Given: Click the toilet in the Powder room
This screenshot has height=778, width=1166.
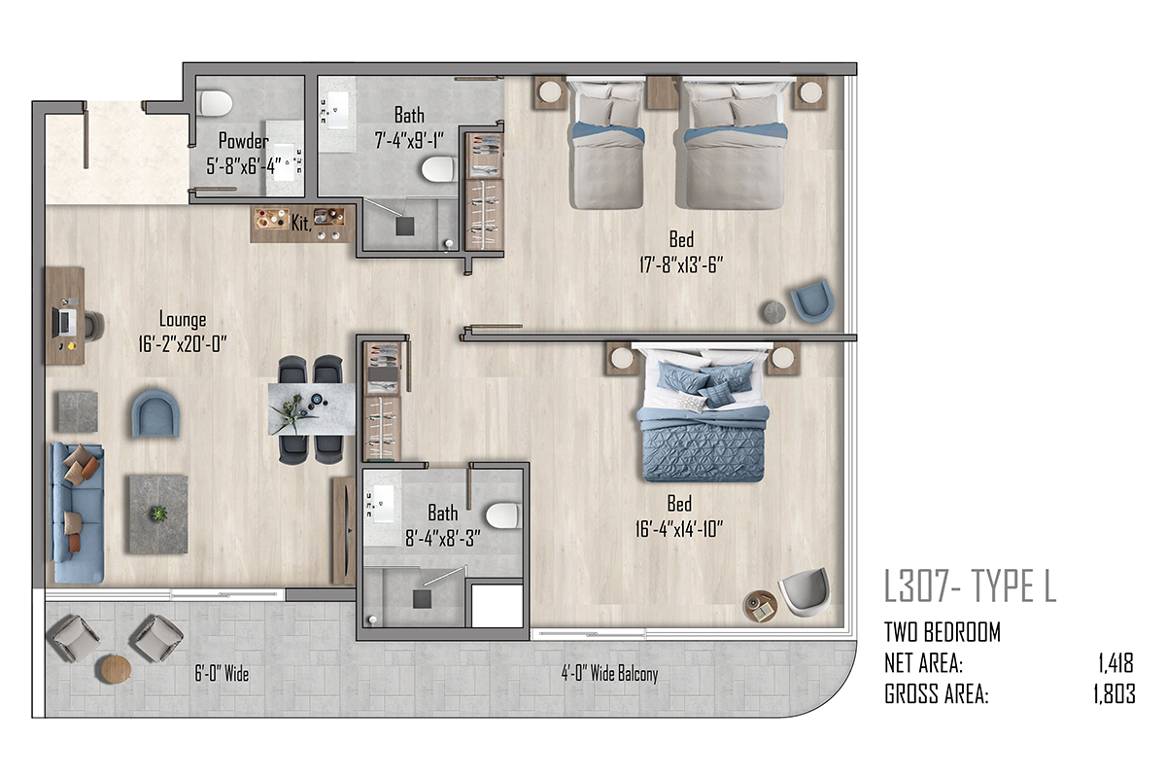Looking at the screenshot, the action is (216, 103).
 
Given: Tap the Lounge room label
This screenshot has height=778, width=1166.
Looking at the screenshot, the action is (183, 319).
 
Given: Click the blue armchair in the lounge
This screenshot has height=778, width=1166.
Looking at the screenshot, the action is (155, 413).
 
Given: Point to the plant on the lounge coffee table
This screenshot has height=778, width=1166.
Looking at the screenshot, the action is (158, 513).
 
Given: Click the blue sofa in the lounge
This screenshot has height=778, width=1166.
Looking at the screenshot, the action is (77, 513).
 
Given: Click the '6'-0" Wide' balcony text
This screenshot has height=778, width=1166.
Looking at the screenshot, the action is (222, 674).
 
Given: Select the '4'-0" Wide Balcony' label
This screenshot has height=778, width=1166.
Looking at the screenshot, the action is (609, 673).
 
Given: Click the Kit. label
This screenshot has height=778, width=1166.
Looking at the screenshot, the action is (301, 223).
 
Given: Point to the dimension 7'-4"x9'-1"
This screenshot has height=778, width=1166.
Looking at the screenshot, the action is (409, 140).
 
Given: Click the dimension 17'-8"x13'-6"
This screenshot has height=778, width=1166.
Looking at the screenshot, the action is (681, 265).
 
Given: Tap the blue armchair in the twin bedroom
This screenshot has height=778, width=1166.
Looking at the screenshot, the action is (812, 301).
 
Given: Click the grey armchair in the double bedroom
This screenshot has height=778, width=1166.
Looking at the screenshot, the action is (806, 592).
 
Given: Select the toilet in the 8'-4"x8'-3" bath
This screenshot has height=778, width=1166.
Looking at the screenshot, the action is (502, 515).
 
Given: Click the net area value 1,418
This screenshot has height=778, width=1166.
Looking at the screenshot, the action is (1115, 663).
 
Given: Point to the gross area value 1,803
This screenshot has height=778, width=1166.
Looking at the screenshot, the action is (1114, 694).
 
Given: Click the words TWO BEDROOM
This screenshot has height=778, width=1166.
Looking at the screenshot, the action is (943, 632).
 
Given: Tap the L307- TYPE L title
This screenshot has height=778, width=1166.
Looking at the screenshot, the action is (971, 586).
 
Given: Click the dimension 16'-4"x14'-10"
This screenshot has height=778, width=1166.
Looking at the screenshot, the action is (679, 529).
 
